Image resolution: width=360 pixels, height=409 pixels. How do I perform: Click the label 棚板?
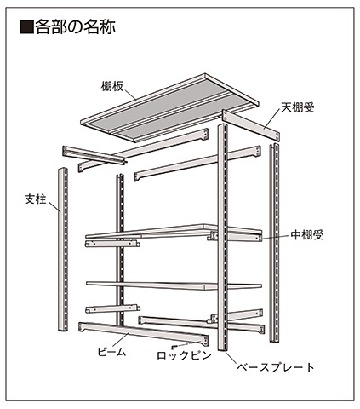tap(112, 86)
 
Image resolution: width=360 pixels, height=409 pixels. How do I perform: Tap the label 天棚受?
tap(298, 107)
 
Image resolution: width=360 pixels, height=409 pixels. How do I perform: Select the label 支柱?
tap(36, 199)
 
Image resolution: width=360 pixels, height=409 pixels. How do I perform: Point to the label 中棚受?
tap(307, 235)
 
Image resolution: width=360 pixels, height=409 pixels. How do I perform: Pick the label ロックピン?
tap(185, 355)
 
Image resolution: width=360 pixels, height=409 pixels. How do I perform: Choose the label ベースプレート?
tap(276, 367)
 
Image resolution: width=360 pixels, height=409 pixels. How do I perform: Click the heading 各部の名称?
tap(75, 27)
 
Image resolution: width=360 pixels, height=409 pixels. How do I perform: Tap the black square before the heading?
tap(26, 27)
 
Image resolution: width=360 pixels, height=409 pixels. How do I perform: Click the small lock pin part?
tap(174, 347)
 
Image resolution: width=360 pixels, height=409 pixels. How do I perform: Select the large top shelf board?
tap(169, 108)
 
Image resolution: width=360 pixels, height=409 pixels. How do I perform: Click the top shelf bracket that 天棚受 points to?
tap(251, 125)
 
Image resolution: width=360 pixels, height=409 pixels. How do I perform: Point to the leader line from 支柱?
tap(54, 207)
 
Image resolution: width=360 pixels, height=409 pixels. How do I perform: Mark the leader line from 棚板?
tap(130, 95)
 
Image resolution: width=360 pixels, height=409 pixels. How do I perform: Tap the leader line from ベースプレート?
tap(231, 357)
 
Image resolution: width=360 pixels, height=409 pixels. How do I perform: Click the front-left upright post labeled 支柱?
tap(63, 250)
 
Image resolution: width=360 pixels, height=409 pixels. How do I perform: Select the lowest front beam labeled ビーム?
tap(144, 333)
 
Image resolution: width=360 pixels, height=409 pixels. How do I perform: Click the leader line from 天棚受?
tap(272, 119)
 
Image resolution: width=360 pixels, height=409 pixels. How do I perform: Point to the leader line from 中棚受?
tap(277, 238)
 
